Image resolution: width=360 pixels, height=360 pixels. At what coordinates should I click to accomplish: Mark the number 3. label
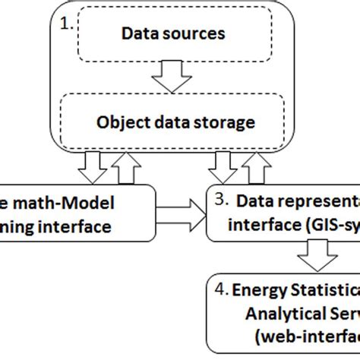click(221, 201)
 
